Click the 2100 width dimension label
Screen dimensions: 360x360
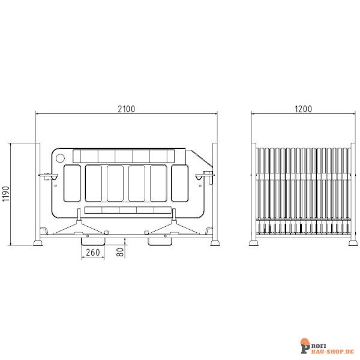tap(127, 109)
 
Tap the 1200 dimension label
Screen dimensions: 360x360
tap(304, 109)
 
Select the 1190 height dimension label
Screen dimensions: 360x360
tap(5, 194)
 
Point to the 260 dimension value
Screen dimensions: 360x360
tap(92, 253)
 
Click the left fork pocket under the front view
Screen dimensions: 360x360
tap(92, 241)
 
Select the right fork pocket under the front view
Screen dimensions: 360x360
tap(161, 241)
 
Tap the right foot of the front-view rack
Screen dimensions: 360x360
tap(215, 242)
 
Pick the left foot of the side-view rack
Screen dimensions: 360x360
tap(254, 242)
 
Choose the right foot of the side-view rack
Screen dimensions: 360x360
tap(353, 242)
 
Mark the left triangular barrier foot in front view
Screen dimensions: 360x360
tap(79, 228)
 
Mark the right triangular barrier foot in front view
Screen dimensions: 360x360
tap(173, 228)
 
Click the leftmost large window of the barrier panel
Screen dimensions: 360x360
tap(71, 184)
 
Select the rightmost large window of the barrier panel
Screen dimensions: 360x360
tap(179, 184)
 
